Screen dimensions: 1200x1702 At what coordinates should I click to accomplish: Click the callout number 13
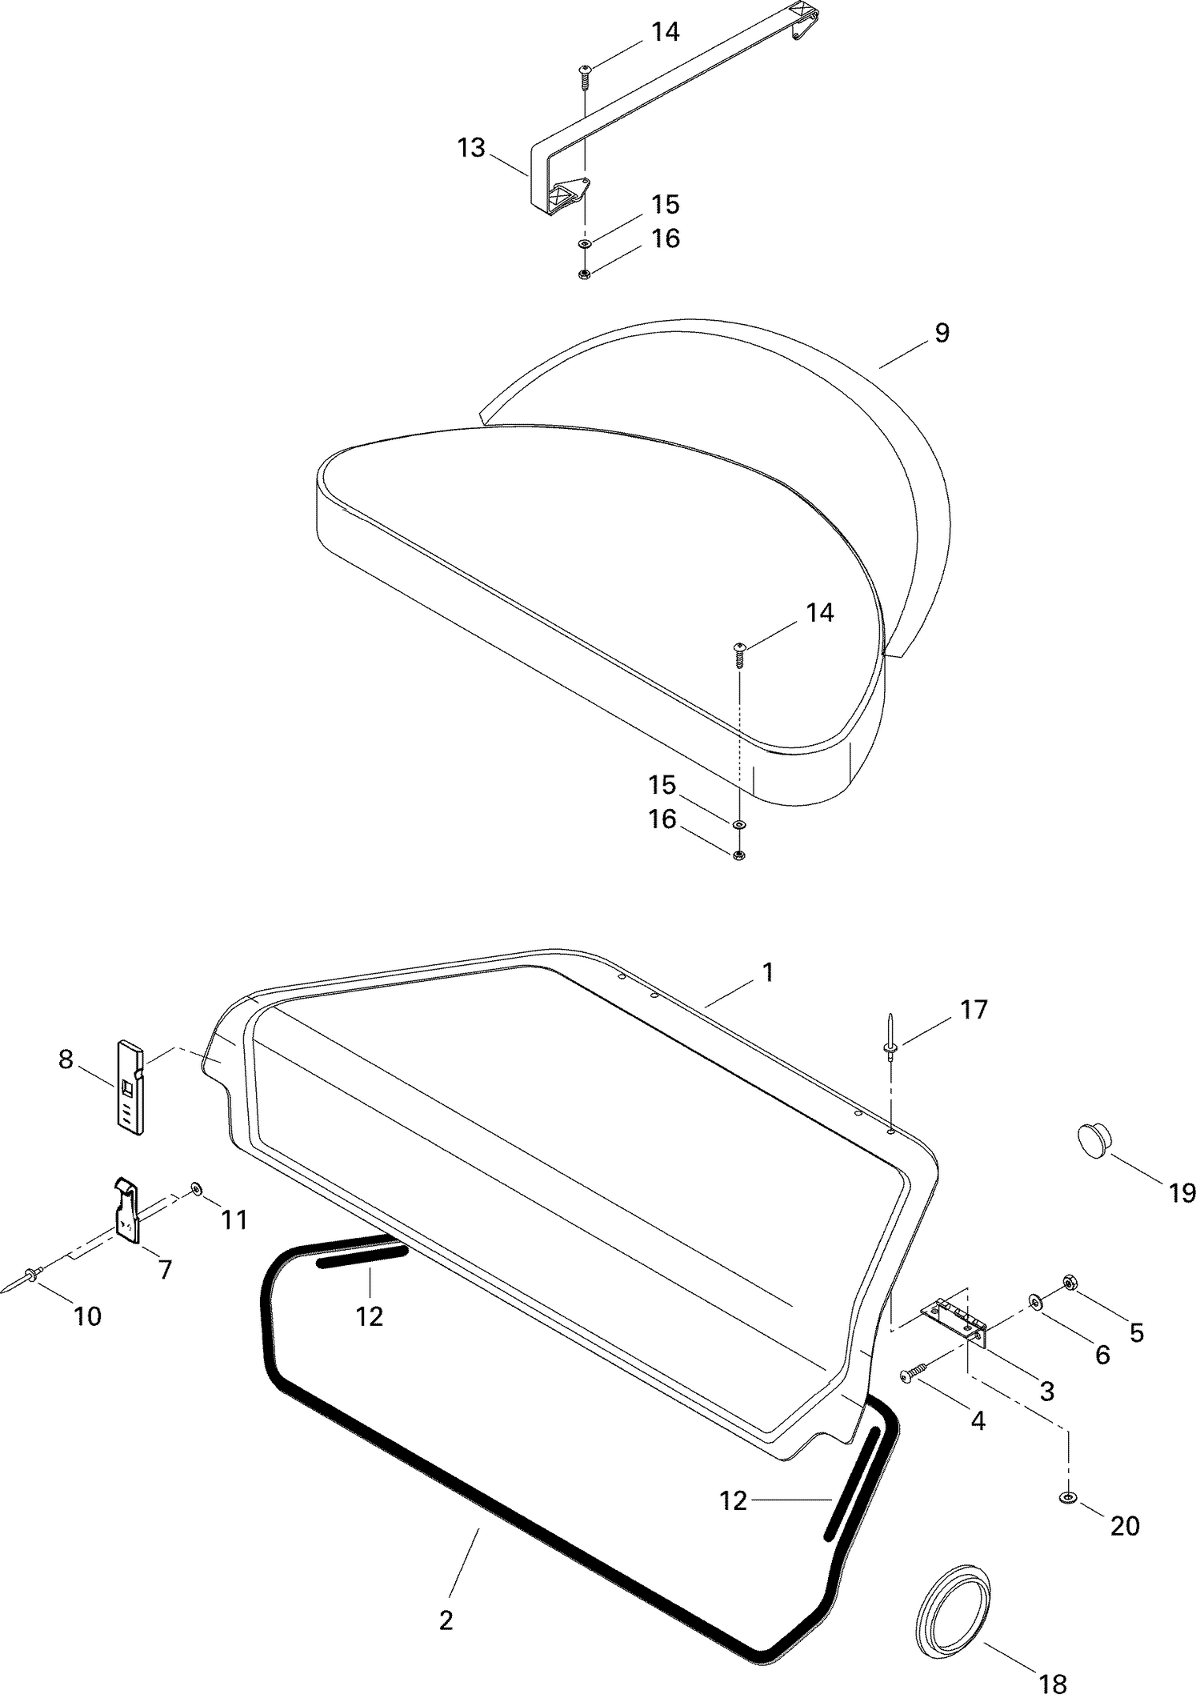tap(471, 148)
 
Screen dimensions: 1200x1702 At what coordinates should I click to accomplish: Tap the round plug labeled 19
tap(1094, 1139)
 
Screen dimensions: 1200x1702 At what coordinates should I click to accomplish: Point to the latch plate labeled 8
tap(131, 1087)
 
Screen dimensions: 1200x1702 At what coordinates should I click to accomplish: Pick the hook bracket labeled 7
tap(128, 1209)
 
